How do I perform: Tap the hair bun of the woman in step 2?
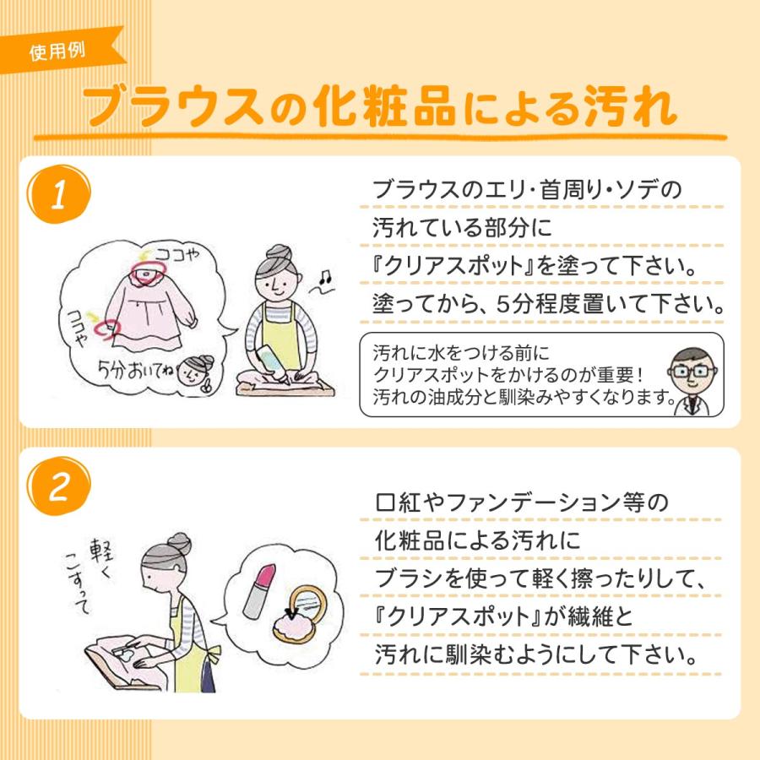pyautogui.click(x=176, y=541)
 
